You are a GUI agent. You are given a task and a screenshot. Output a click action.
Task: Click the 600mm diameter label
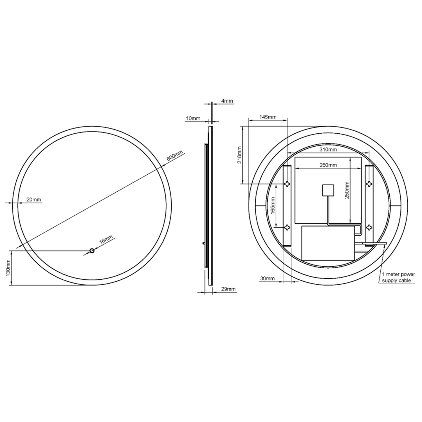pos(175,156)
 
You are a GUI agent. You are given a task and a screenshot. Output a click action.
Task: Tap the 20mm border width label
pos(34,200)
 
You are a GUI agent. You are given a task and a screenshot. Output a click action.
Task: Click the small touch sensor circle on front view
pos(92,251)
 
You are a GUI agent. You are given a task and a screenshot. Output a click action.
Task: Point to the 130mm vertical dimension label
pos(8,268)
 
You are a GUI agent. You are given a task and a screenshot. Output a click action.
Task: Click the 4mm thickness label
pos(227,101)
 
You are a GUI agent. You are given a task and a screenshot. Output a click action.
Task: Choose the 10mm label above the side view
pos(193,118)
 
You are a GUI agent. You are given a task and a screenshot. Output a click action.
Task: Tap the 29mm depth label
pos(228,289)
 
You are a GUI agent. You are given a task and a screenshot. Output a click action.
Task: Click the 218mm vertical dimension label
pos(239,155)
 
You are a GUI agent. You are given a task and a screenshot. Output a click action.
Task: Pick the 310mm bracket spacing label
pos(328,150)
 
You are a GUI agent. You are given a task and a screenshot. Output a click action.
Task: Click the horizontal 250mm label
pos(328,165)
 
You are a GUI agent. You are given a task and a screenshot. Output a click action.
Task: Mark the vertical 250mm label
pos(347,190)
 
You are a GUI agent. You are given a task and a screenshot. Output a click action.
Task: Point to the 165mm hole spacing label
pos(273,205)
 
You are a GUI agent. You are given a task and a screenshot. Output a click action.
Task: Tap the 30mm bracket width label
pos(267,279)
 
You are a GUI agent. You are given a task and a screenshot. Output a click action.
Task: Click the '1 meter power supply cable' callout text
pos(398,277)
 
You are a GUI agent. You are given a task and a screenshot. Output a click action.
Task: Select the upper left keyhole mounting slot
pos(287,184)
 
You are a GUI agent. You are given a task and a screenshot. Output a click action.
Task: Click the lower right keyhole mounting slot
pos(369,227)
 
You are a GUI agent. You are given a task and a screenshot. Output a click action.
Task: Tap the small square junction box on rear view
pos(328,190)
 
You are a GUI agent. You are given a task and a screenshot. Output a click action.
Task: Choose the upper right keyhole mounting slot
pos(369,184)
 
